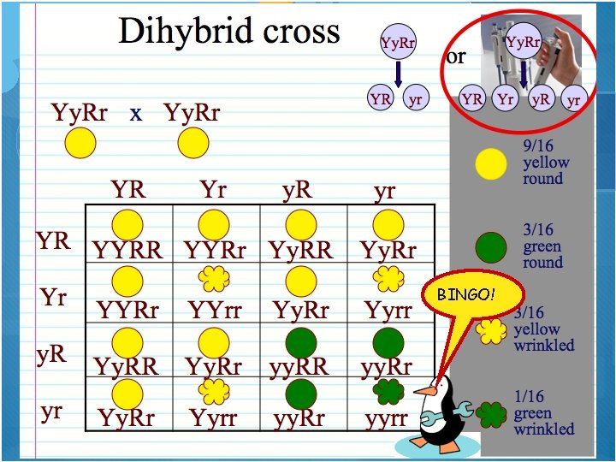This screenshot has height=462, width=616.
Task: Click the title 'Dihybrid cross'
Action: (x=228, y=32)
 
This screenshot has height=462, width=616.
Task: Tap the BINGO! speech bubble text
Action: (x=465, y=294)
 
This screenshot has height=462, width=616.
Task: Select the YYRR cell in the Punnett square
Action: (x=128, y=250)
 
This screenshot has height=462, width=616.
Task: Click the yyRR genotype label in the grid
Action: (x=300, y=367)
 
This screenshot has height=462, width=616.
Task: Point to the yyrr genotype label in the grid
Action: (x=386, y=418)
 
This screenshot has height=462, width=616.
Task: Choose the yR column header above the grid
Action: (x=297, y=189)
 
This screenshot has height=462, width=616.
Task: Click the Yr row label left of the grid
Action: (x=53, y=299)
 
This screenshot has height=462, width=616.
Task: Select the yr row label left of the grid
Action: (x=51, y=411)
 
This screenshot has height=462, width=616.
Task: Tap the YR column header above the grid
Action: (x=128, y=189)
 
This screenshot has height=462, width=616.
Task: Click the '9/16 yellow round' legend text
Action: (x=545, y=163)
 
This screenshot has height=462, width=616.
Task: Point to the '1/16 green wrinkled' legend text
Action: (x=544, y=413)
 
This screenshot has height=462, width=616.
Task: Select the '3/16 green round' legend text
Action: (x=543, y=246)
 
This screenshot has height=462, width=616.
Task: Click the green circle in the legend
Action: (x=491, y=246)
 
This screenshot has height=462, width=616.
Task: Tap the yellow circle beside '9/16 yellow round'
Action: (x=491, y=163)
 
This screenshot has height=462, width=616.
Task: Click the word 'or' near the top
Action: (x=456, y=57)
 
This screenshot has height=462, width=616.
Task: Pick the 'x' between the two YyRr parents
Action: (x=136, y=113)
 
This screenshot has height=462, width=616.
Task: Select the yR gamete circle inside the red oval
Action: (x=540, y=98)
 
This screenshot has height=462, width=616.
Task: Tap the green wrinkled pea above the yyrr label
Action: (x=389, y=392)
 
